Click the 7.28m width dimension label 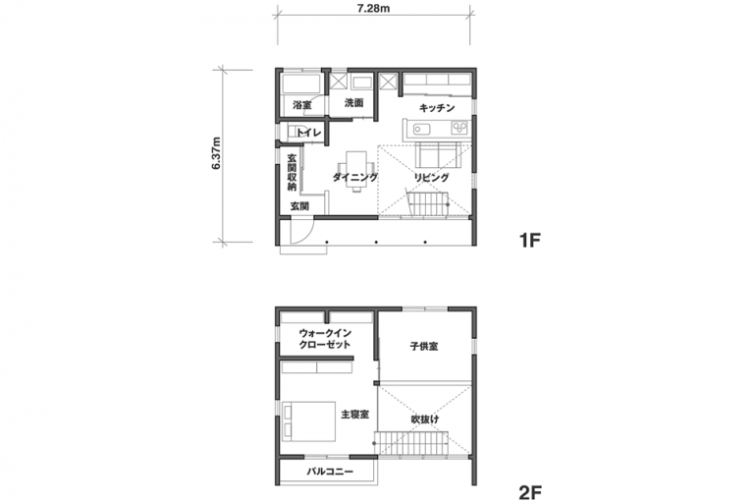[373, 10]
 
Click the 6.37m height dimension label [216, 153]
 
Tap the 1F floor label [530, 240]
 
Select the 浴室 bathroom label [302, 104]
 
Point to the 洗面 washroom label [353, 102]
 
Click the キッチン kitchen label [437, 108]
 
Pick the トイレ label [308, 133]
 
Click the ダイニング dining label [355, 178]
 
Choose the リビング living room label [431, 178]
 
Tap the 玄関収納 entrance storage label [292, 172]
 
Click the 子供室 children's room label [424, 346]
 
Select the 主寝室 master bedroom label [354, 414]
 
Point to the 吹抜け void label [425, 419]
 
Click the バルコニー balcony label [330, 472]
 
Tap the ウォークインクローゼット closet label [325, 339]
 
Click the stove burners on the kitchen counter [458, 128]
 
